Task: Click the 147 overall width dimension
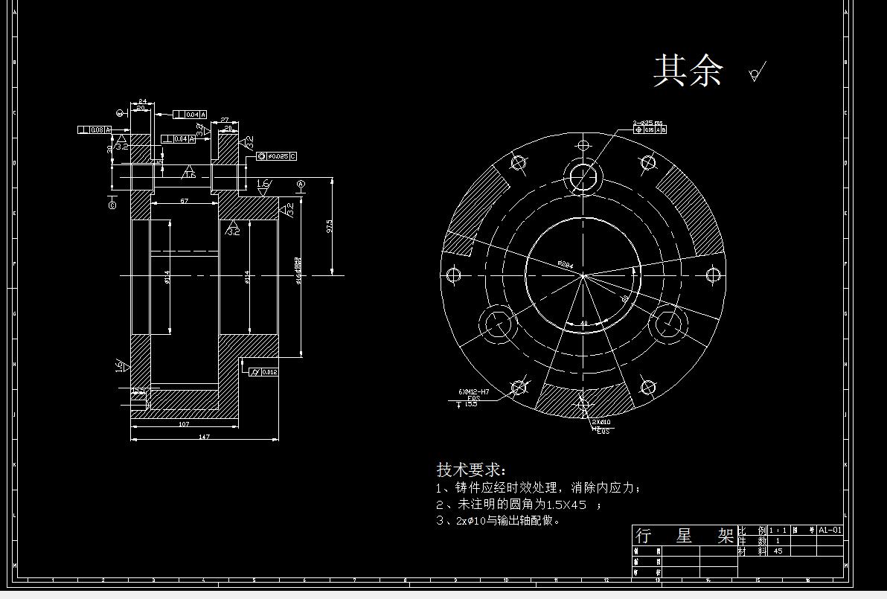[x=204, y=436]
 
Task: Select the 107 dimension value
[x=184, y=424]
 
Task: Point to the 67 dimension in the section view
[x=184, y=201]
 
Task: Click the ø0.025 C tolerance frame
[x=277, y=156]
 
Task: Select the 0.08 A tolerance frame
[x=95, y=130]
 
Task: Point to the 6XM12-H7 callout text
[x=474, y=391]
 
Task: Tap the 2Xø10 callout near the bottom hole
[x=601, y=422]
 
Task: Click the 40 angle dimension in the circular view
[x=583, y=323]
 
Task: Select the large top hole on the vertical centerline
[x=583, y=176]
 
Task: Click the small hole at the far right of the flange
[x=713, y=275]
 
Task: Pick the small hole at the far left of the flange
[x=453, y=275]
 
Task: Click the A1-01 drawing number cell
[x=830, y=531]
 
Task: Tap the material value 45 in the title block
[x=778, y=551]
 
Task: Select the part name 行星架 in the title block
[x=684, y=536]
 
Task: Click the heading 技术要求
[x=470, y=470]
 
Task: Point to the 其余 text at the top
[x=688, y=71]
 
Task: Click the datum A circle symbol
[x=301, y=184]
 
